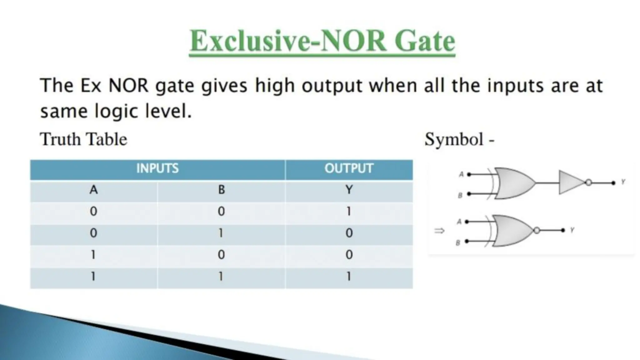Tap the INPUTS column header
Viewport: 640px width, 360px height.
[157, 169]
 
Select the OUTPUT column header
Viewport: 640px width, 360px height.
[349, 169]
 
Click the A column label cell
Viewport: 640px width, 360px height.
[93, 190]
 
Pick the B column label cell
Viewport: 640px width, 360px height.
[221, 190]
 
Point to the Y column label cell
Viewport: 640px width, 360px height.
[349, 190]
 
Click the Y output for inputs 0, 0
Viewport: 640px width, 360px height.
[349, 212]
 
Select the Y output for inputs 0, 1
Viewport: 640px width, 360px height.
[349, 233]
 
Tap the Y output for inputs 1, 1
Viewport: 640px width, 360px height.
[349, 277]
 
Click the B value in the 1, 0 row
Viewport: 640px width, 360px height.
[221, 255]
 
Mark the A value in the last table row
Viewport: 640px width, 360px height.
[93, 277]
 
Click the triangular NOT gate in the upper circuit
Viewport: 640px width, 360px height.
[570, 182]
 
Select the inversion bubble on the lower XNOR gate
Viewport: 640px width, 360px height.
[537, 231]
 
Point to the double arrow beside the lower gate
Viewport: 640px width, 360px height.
[439, 231]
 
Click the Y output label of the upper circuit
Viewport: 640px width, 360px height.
[623, 182]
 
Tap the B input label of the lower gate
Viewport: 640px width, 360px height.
[458, 243]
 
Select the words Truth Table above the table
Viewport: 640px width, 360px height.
[84, 139]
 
